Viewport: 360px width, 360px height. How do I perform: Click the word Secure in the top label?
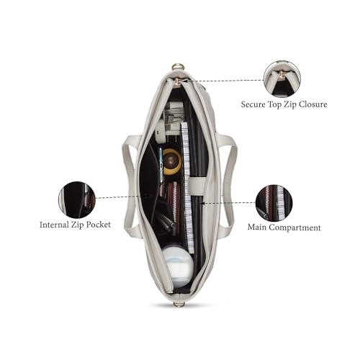click(253, 104)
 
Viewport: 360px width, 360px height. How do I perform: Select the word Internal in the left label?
click(54, 225)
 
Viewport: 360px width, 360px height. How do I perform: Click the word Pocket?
click(99, 225)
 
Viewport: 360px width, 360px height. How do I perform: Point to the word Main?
click(256, 228)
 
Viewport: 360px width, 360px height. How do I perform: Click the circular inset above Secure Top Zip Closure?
click(282, 79)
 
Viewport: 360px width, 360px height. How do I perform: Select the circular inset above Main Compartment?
click(274, 203)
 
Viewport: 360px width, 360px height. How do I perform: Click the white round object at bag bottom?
click(178, 267)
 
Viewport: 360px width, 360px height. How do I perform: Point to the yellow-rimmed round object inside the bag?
click(172, 161)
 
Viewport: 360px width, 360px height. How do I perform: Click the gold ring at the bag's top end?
click(178, 67)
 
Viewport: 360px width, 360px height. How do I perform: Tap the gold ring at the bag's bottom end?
click(179, 305)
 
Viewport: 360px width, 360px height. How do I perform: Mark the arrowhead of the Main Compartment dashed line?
click(202, 203)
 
